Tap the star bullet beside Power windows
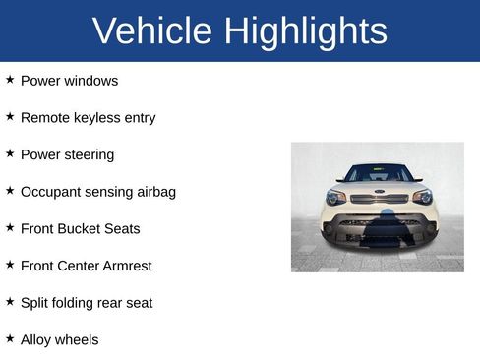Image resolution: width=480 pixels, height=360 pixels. pos(10,79)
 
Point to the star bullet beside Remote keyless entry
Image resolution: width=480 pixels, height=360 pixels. pos(10,116)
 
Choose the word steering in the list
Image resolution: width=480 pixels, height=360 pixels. pos(88,155)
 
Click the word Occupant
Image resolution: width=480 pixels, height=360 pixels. pos(52,192)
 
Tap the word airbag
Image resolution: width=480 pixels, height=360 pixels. pos(152,192)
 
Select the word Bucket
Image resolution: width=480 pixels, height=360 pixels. pos(84,229)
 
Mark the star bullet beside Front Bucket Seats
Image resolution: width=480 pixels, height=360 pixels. pos(10,227)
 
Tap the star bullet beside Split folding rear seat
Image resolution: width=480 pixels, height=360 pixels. pos(10,301)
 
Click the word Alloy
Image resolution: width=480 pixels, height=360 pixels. pos(36,340)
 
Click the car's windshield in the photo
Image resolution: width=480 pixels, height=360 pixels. pos(379,173)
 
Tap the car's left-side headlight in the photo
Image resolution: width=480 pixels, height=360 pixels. pos(336,197)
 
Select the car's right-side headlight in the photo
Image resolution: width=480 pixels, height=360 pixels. pos(422,197)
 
